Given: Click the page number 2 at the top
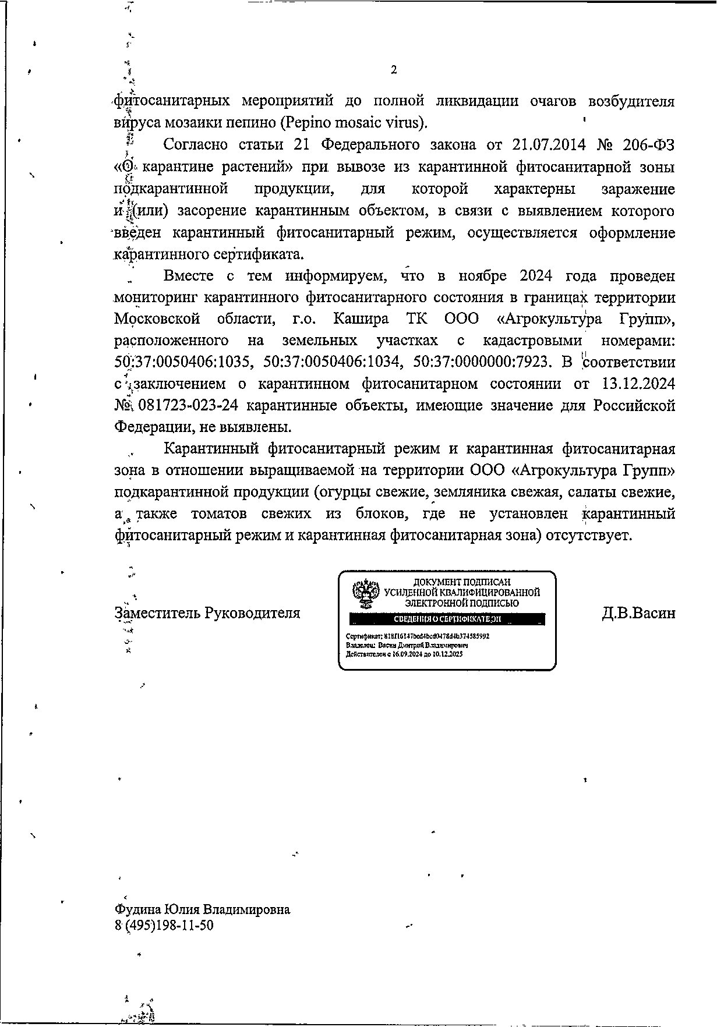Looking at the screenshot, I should [394, 70].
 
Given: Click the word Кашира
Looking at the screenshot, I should [360, 319].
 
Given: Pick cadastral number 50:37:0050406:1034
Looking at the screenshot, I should [332, 363].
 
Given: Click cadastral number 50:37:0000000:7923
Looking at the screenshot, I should [481, 363].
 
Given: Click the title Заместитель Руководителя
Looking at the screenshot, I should [207, 613].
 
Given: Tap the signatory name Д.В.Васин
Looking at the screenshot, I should [638, 613].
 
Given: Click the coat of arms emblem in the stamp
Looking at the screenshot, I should [366, 593].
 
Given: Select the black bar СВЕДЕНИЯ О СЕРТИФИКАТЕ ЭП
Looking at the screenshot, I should [447, 619].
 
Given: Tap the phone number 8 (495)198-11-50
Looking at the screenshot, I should [164, 925].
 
